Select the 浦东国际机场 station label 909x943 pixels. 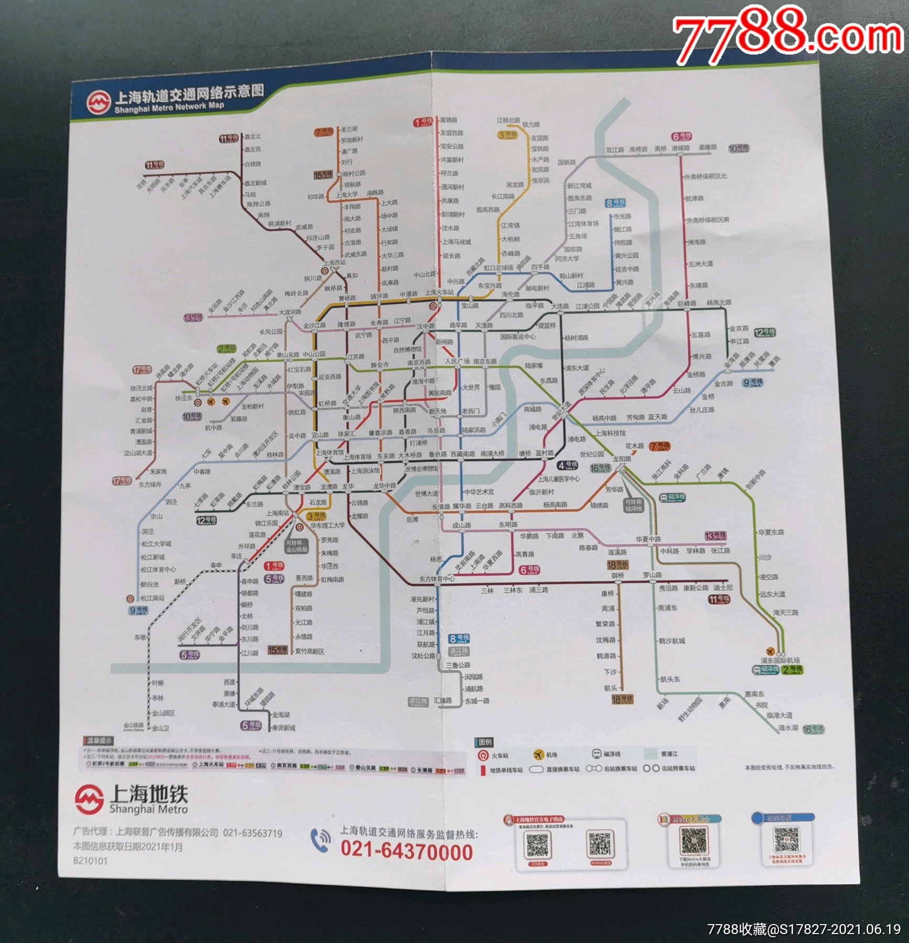[x=780, y=660]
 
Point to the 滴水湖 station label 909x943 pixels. [x=788, y=728]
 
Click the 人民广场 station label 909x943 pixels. [x=457, y=362]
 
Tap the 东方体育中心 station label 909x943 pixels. [x=436, y=579]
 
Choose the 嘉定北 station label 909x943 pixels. [x=253, y=136]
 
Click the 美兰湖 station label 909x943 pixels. [x=349, y=129]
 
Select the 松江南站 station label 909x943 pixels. [x=152, y=598]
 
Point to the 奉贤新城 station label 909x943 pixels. [x=284, y=728]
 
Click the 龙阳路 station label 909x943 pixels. [x=622, y=459]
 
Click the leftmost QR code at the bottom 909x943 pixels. [x=537, y=845]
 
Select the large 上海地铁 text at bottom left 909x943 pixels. [x=148, y=794]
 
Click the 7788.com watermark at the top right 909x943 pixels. [x=786, y=34]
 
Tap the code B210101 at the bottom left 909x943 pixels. [x=90, y=861]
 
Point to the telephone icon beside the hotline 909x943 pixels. [x=320, y=840]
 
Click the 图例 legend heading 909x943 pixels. [x=485, y=742]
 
